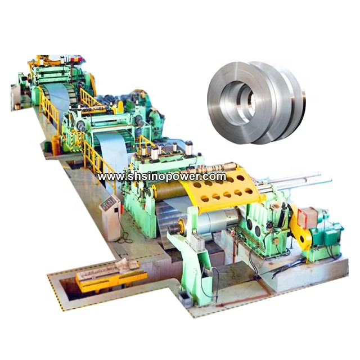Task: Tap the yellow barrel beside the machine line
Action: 56,145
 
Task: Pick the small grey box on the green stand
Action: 197,242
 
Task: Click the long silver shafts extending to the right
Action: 294,179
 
